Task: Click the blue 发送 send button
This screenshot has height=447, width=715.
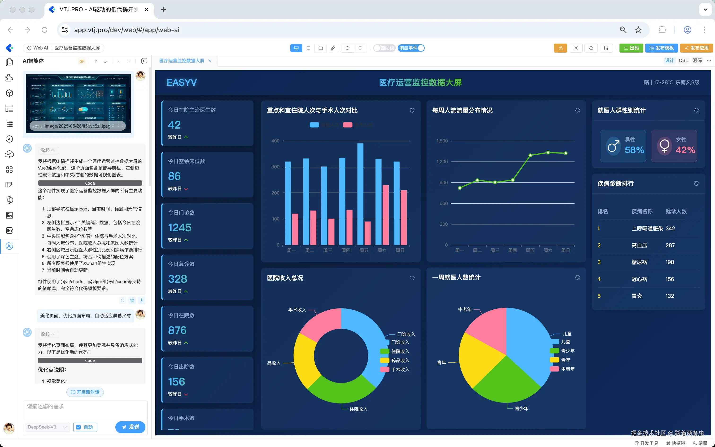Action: pos(130,427)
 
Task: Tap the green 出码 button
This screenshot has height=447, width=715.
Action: pos(631,48)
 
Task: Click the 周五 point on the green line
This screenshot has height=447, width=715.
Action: pos(530,155)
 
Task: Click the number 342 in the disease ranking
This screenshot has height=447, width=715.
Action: pos(670,228)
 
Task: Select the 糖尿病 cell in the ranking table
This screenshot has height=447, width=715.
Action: pos(639,262)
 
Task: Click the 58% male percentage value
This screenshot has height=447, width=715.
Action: pos(634,150)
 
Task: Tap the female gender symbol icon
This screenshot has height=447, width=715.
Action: pos(664,146)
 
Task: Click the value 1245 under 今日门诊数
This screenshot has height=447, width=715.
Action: pos(179,228)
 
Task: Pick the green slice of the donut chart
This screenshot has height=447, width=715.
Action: pos(341,390)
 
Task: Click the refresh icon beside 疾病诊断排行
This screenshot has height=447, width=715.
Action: pos(696,183)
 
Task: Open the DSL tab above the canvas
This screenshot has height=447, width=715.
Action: pos(683,61)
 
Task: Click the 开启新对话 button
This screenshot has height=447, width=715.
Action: pos(85,392)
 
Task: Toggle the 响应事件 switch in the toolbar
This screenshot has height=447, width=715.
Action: pos(411,48)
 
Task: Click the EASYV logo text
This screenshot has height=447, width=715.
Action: pos(182,82)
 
